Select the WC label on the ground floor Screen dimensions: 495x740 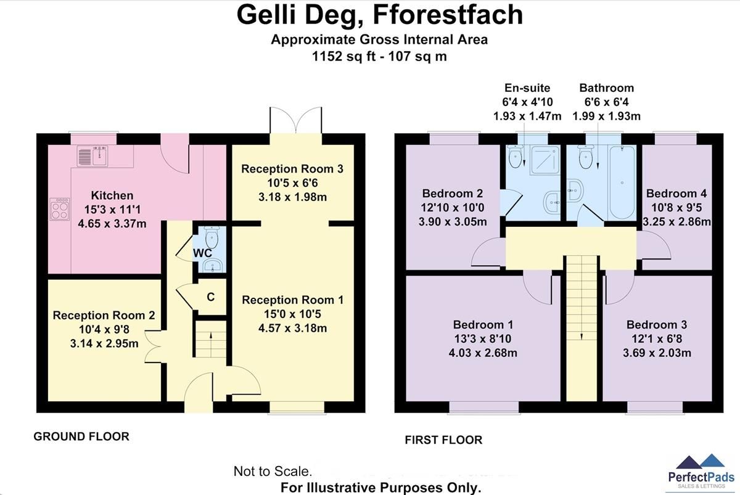202,253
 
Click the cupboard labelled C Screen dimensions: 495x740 210,297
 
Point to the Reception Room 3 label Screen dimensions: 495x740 292,169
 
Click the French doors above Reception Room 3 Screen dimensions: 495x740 295,120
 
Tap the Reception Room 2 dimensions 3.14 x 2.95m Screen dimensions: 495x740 104,343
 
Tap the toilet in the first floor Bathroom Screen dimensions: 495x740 586,157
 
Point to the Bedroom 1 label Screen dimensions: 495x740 483,325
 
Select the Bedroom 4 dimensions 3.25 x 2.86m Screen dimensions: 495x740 676,222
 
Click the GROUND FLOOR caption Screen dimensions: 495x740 81,436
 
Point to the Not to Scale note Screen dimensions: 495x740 273,472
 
